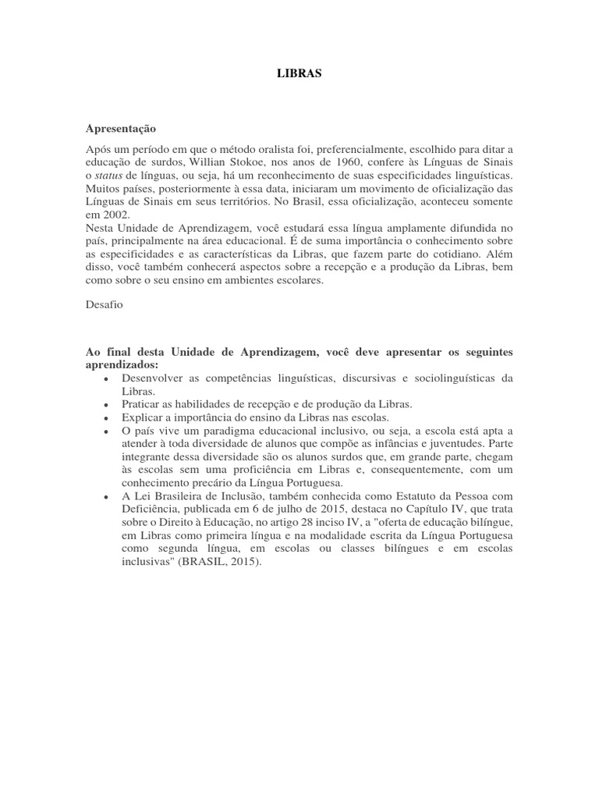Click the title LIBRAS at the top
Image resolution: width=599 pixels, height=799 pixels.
click(x=299, y=73)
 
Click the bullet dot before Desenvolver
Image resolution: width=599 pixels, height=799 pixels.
click(x=105, y=378)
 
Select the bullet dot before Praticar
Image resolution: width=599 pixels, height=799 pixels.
click(x=105, y=404)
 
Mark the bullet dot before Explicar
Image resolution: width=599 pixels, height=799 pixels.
click(x=105, y=417)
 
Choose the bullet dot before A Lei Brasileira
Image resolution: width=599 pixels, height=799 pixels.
click(x=105, y=496)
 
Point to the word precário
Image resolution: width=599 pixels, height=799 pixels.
click(x=212, y=483)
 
